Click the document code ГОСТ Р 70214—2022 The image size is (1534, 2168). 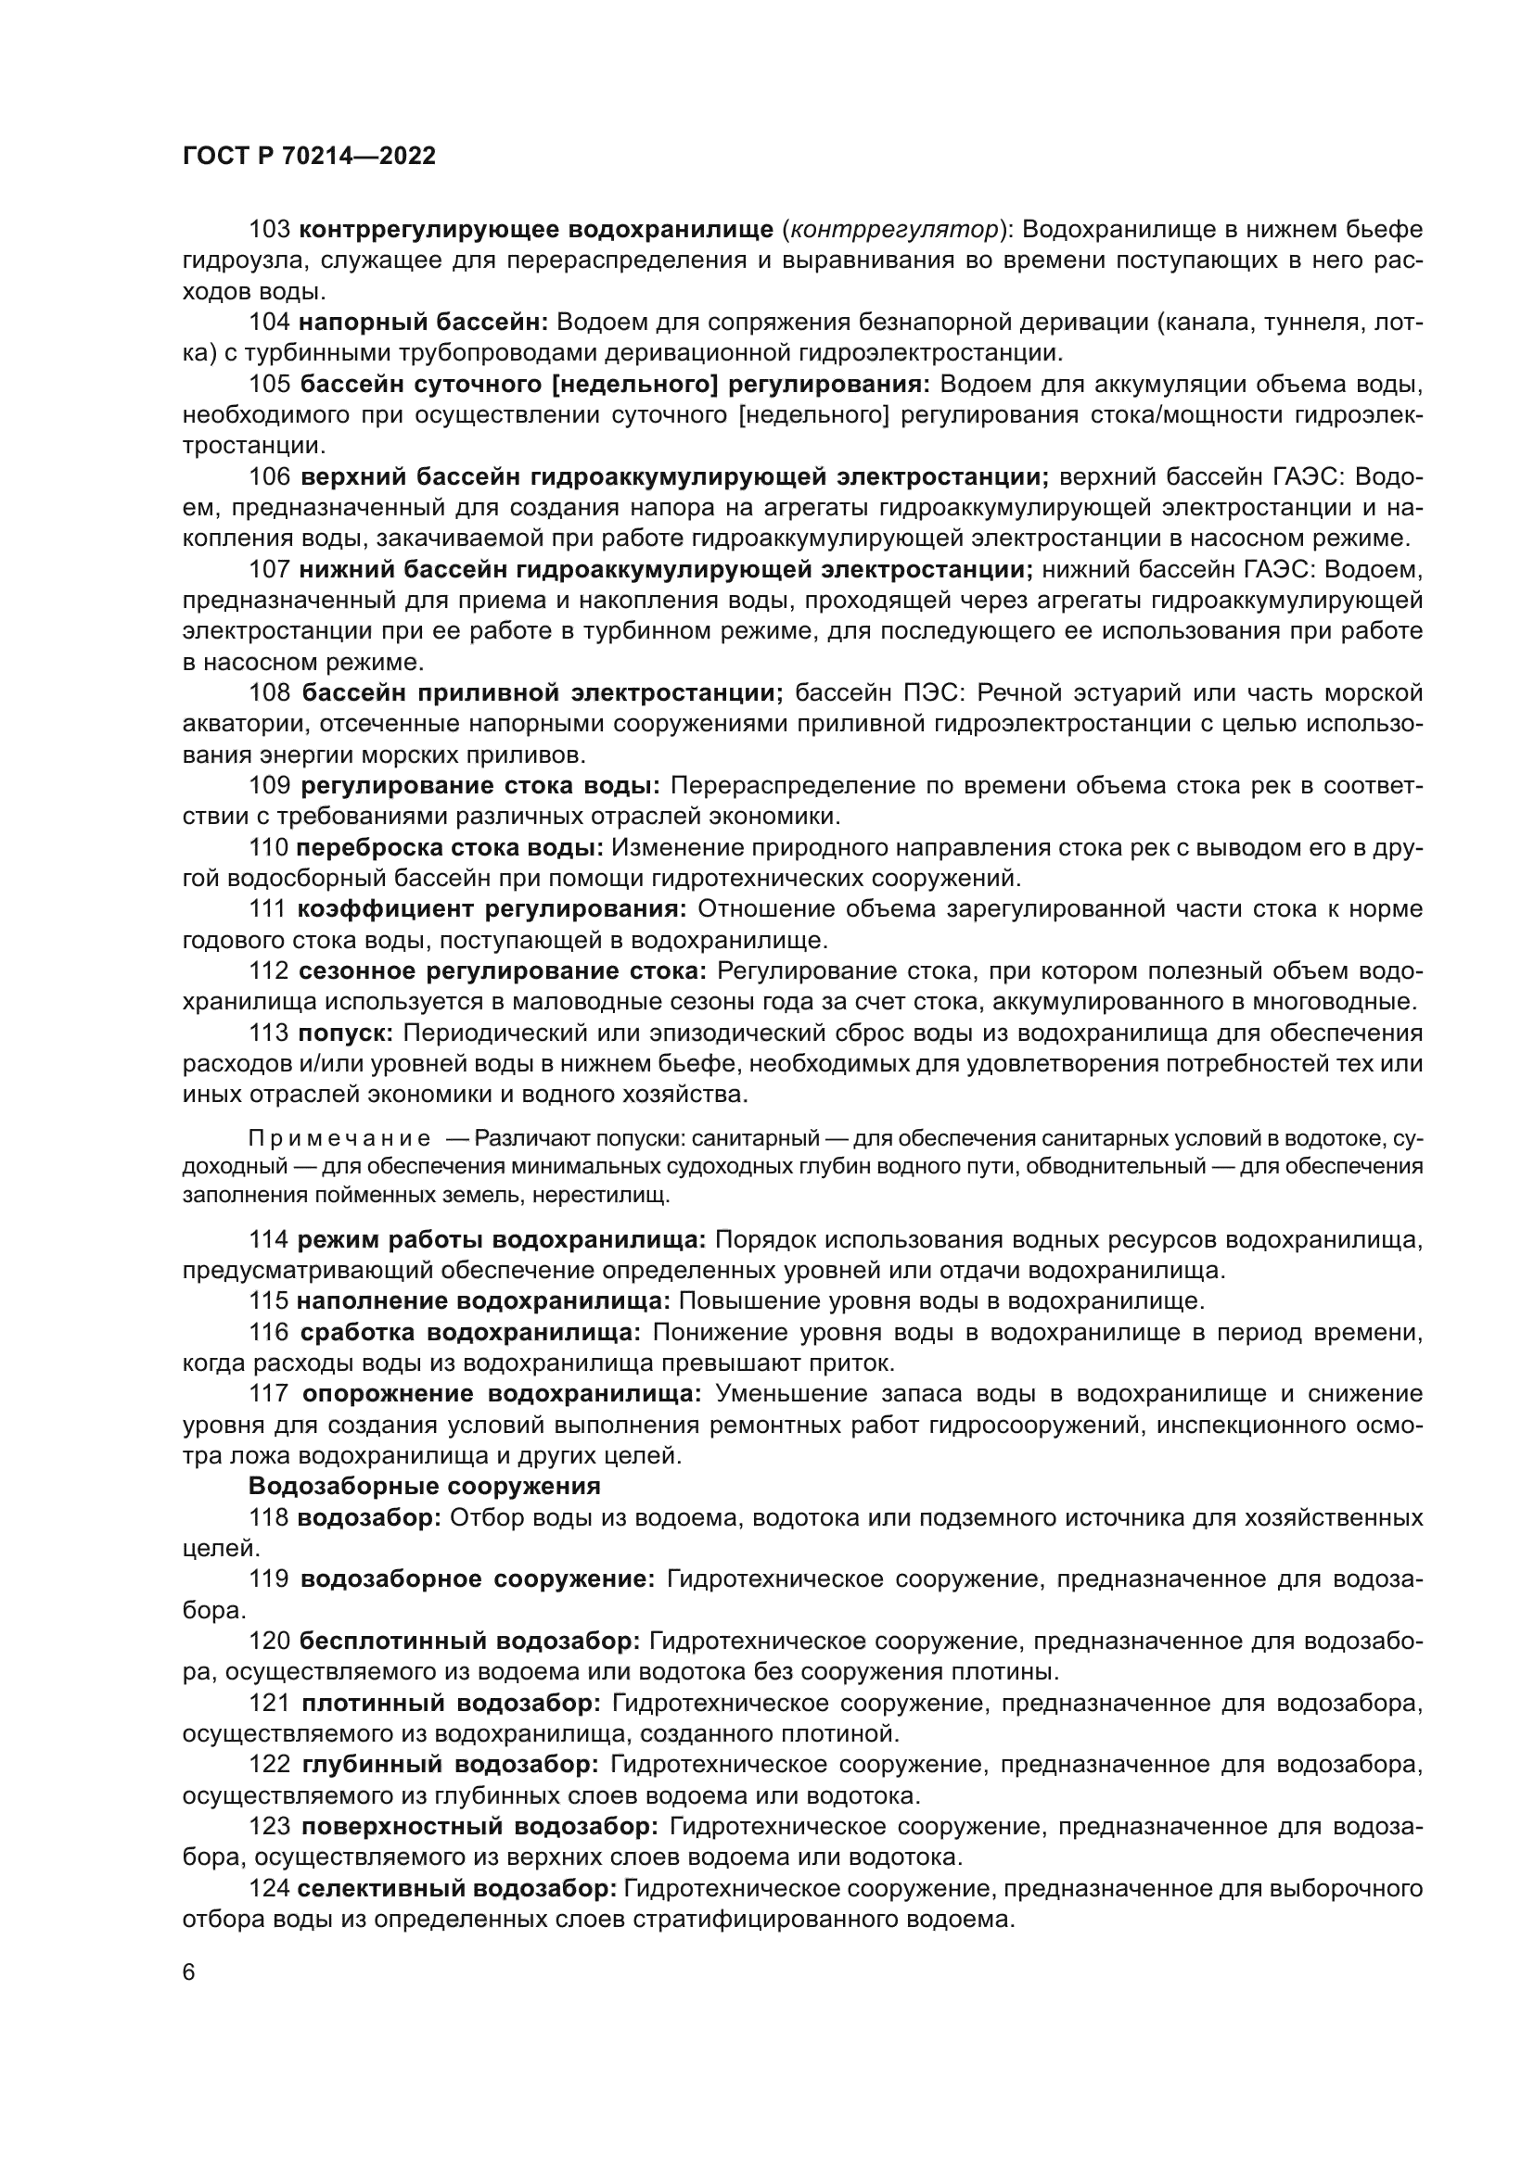click(309, 157)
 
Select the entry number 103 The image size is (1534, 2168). click(269, 230)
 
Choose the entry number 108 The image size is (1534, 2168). click(269, 693)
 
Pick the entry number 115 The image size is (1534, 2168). click(269, 1301)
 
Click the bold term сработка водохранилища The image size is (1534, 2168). click(470, 1332)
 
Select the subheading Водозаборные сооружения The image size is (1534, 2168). click(424, 1486)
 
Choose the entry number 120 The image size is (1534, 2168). click(269, 1642)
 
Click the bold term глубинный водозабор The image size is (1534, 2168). click(451, 1764)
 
